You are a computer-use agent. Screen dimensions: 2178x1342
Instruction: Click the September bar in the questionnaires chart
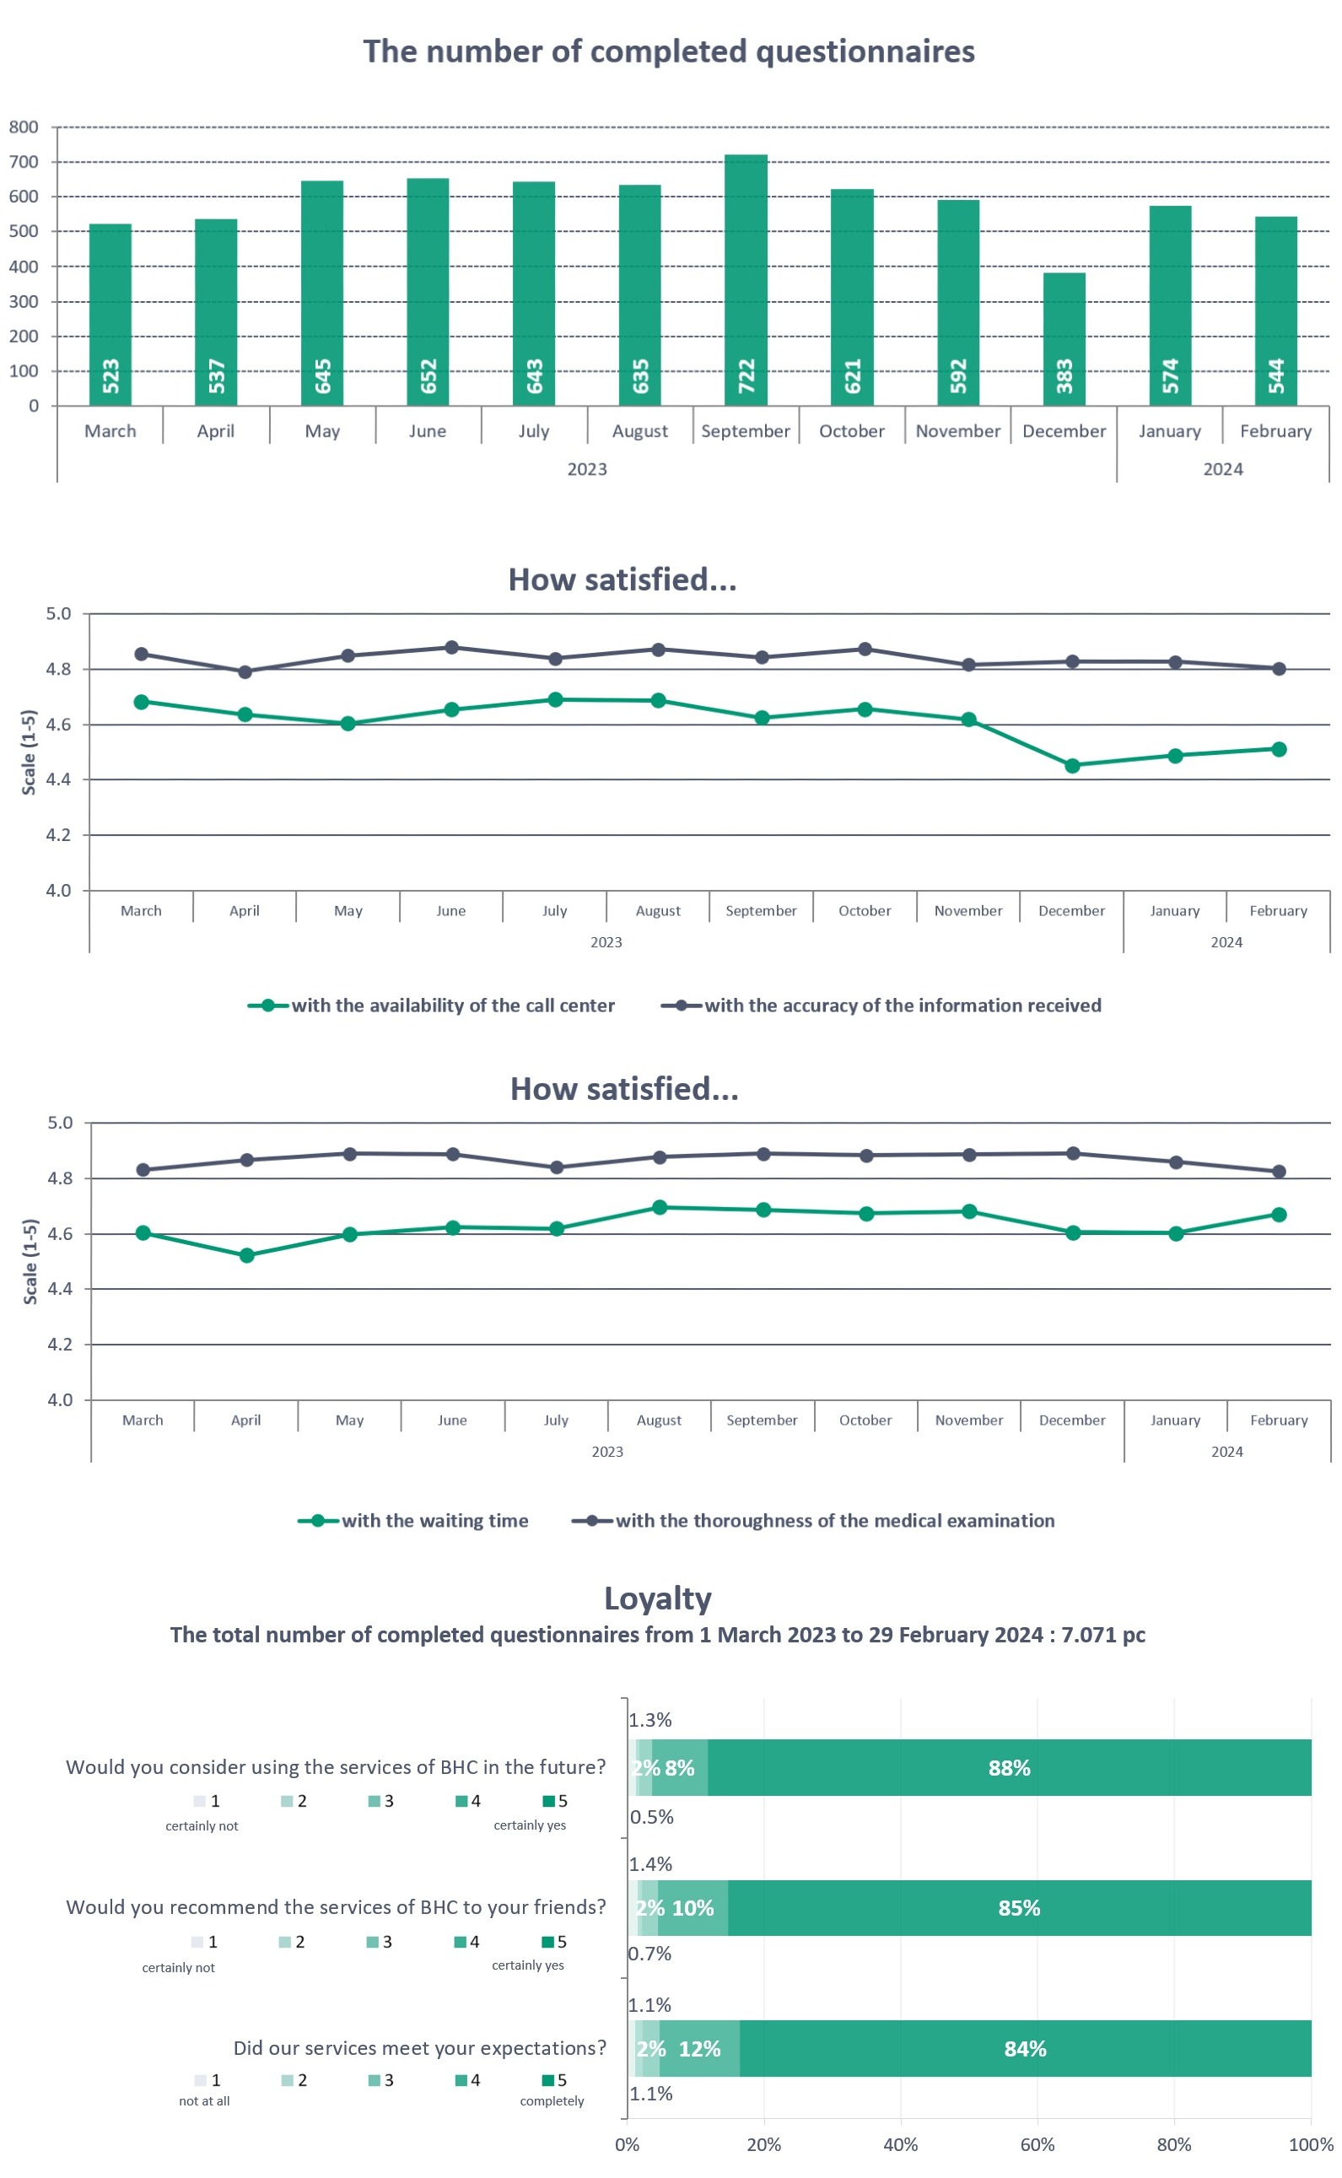pos(746,279)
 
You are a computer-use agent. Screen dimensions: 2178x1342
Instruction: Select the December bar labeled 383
pos(1064,339)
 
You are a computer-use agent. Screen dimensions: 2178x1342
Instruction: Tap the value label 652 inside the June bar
pos(428,376)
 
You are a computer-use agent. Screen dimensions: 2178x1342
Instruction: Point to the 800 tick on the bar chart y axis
pos(24,127)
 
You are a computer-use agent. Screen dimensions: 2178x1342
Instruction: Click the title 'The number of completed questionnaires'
pos(668,51)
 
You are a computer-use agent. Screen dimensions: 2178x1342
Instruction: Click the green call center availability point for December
pos(1072,765)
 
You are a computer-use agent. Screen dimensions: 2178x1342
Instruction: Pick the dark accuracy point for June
pos(452,647)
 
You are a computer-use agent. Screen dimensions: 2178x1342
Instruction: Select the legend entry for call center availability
pos(431,1005)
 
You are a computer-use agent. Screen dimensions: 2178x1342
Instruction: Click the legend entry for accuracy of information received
pos(881,1005)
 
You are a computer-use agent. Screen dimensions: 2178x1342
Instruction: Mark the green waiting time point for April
pos(247,1255)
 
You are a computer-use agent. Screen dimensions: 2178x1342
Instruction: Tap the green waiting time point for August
pos(660,1207)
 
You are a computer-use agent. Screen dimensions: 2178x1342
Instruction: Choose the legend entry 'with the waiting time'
pos(413,1520)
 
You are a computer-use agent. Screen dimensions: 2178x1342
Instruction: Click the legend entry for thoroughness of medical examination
pos(814,1520)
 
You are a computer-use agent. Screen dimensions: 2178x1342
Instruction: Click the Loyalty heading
pos(658,1598)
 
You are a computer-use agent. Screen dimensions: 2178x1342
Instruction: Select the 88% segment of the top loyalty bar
pos(1009,1768)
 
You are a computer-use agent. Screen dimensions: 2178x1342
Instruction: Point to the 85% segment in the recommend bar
pos(1019,1908)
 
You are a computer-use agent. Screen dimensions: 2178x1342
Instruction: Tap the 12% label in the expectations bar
pos(699,2048)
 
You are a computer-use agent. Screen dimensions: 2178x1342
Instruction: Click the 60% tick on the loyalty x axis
pos(1037,2144)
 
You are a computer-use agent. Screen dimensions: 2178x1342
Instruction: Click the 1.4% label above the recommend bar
pos(650,1864)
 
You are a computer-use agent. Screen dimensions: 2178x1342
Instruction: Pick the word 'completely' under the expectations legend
pos(552,2100)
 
